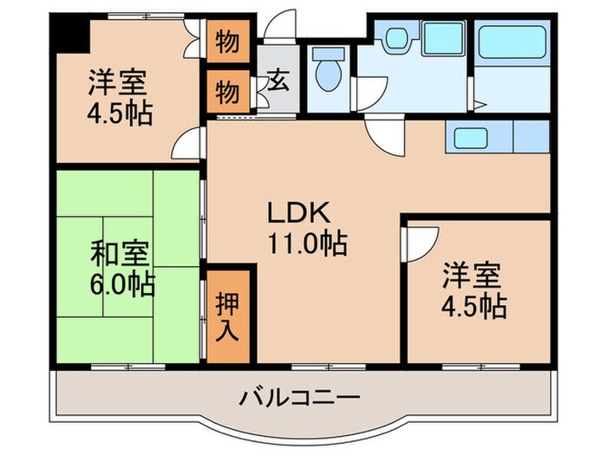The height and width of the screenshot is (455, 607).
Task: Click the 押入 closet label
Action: point(229,316)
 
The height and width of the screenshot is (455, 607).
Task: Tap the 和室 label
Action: point(121,255)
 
